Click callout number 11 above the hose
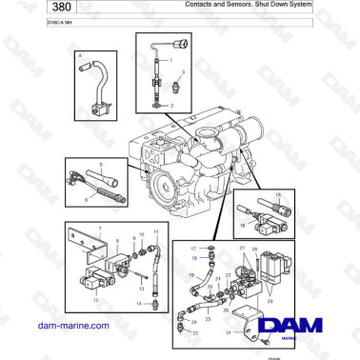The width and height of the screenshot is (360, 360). pos(157,231)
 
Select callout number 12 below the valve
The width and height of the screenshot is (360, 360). pos(94,296)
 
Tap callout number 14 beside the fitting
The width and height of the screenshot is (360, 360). pos(137,303)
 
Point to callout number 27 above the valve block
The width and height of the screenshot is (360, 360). pos(242,249)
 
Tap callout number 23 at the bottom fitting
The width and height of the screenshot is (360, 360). pos(195,331)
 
